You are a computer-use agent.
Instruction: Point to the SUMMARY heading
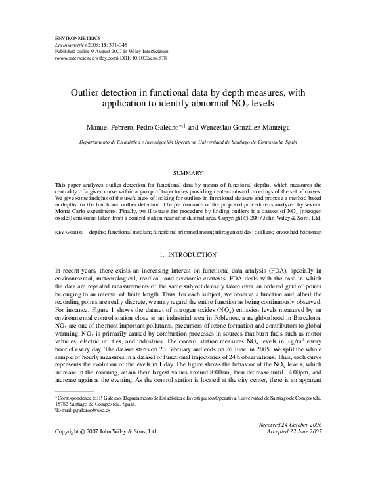pos(185,173)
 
